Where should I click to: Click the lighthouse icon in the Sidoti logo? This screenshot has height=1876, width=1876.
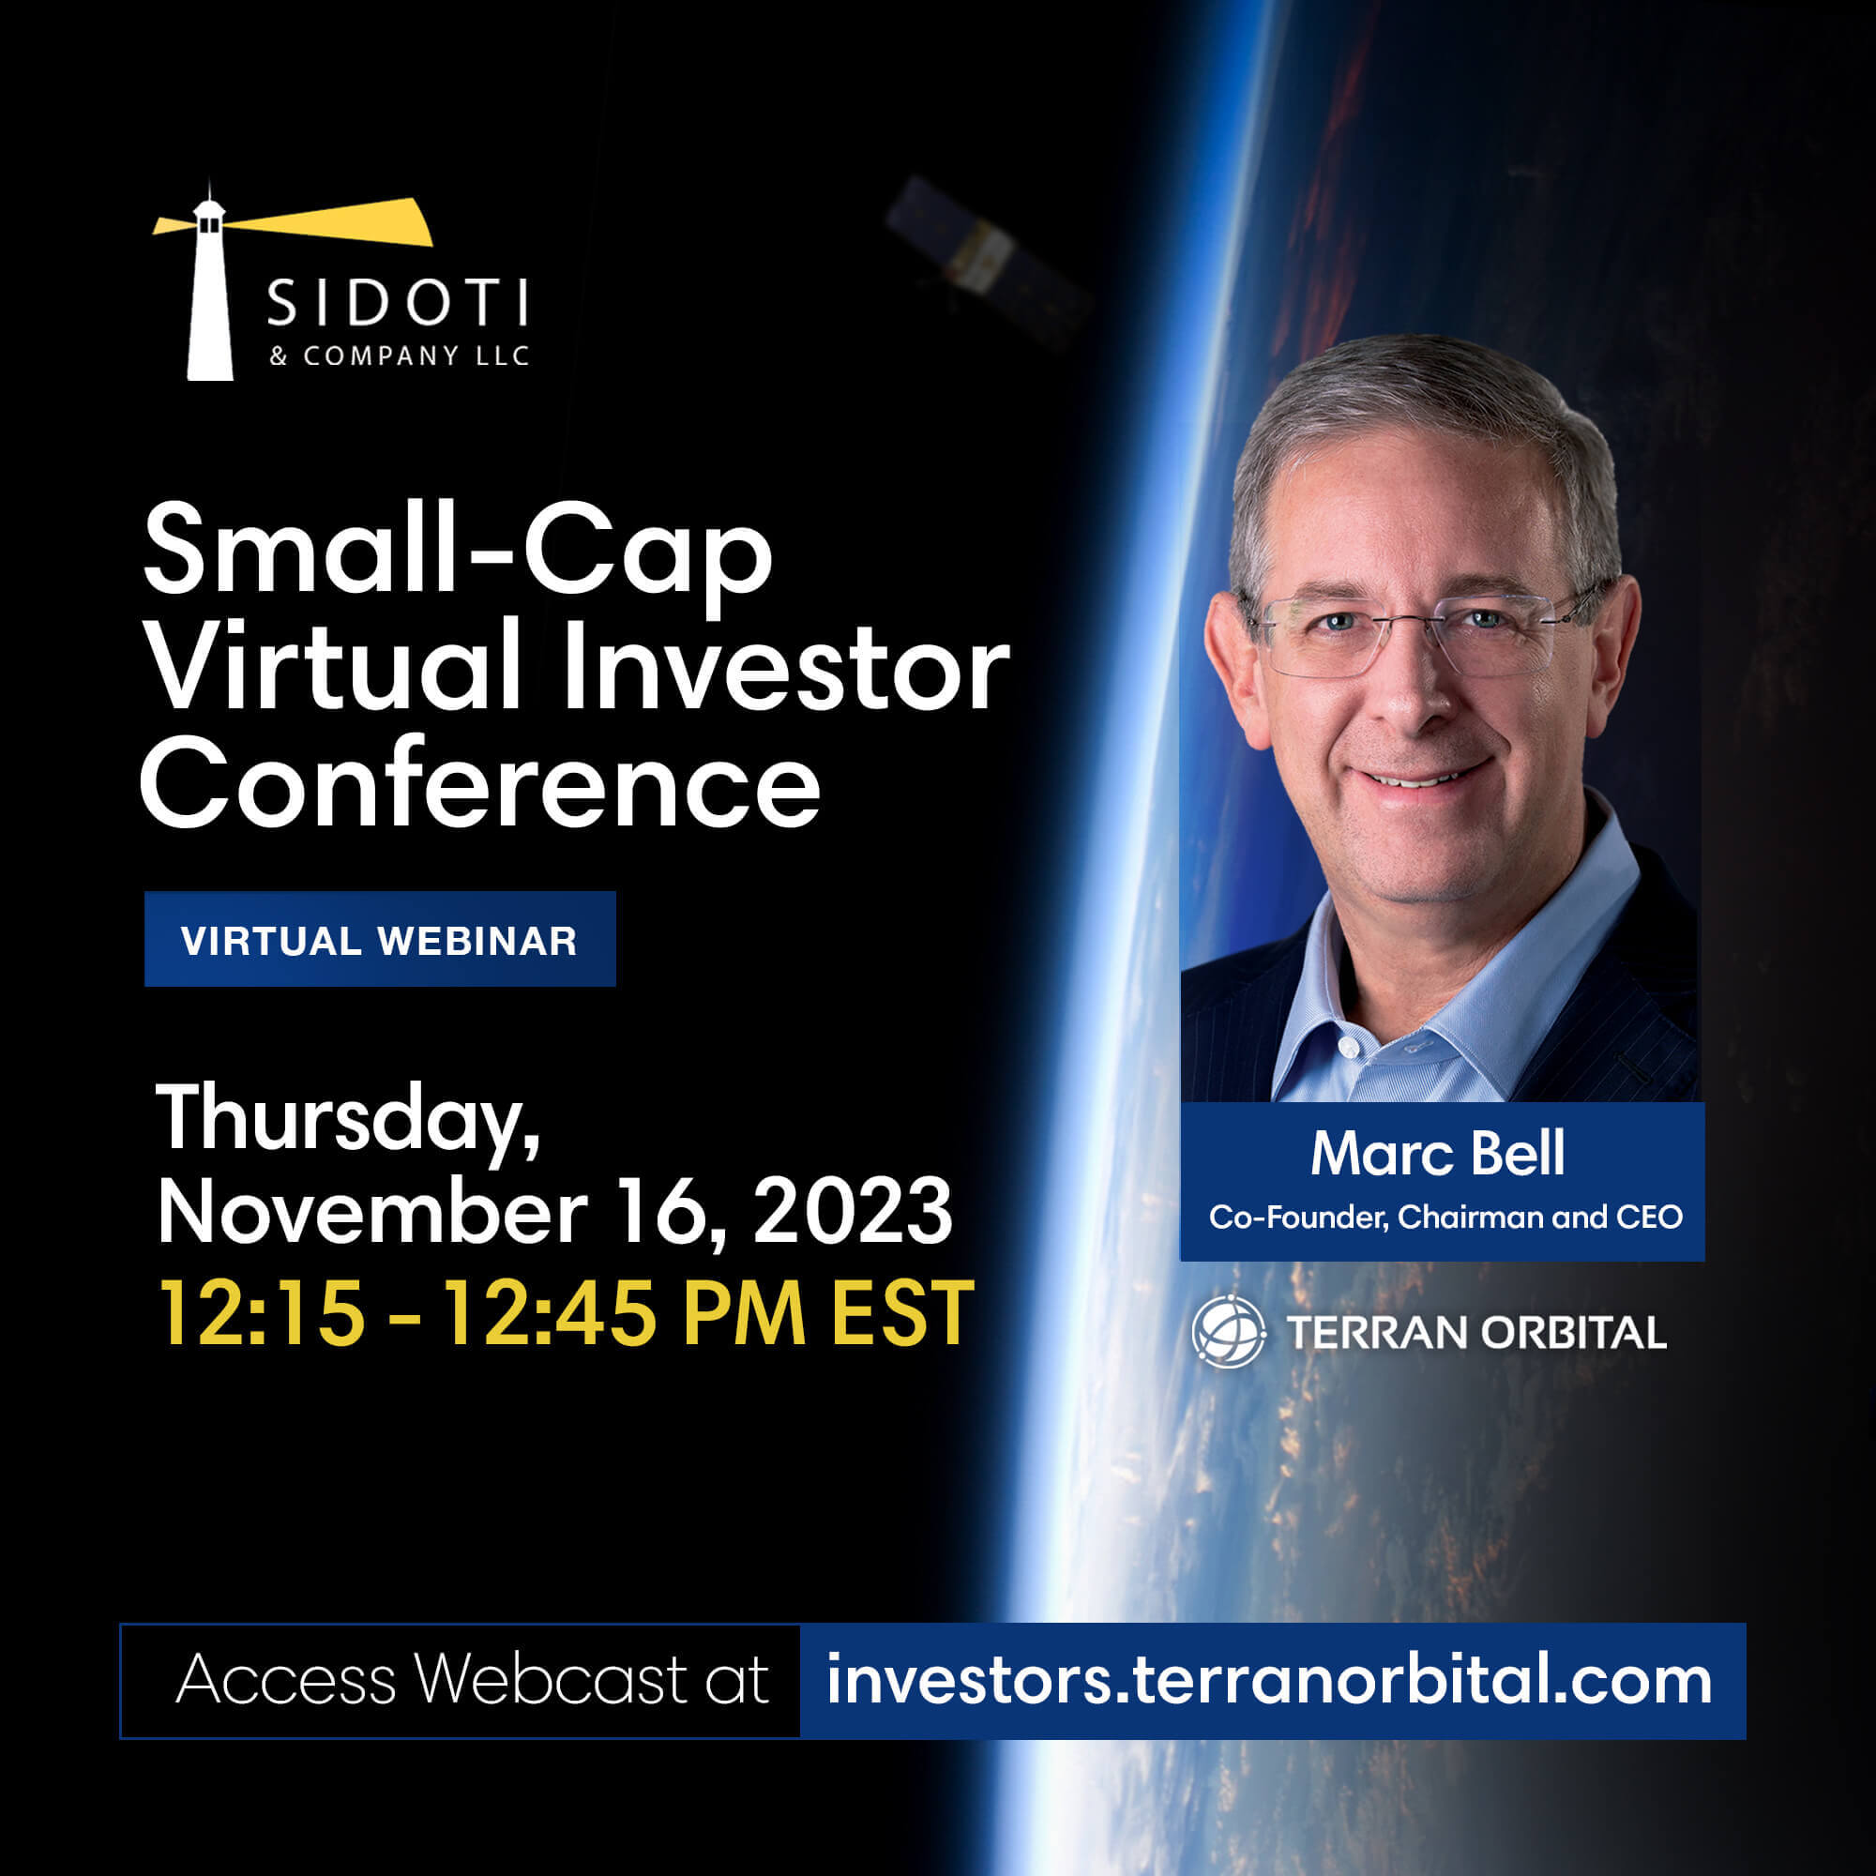pos(210,292)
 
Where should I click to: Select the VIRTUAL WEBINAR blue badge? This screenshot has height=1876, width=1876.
pos(380,939)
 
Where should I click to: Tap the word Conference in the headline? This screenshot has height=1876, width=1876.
pos(480,782)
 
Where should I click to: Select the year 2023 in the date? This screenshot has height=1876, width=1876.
pos(853,1210)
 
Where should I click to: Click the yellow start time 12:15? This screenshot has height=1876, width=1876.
pos(263,1312)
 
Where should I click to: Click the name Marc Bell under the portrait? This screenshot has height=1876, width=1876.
pos(1437,1153)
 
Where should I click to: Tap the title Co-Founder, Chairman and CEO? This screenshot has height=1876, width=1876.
pos(1445,1217)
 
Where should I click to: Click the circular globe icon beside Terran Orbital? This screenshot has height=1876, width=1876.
pos(1230,1331)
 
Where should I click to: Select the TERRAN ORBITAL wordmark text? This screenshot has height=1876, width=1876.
pos(1475,1332)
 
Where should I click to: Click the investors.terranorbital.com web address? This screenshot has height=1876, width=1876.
pos(1269,1680)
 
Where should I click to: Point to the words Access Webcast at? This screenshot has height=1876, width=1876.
pos(472,1679)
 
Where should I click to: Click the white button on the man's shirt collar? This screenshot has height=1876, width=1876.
pos(1350,1048)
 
